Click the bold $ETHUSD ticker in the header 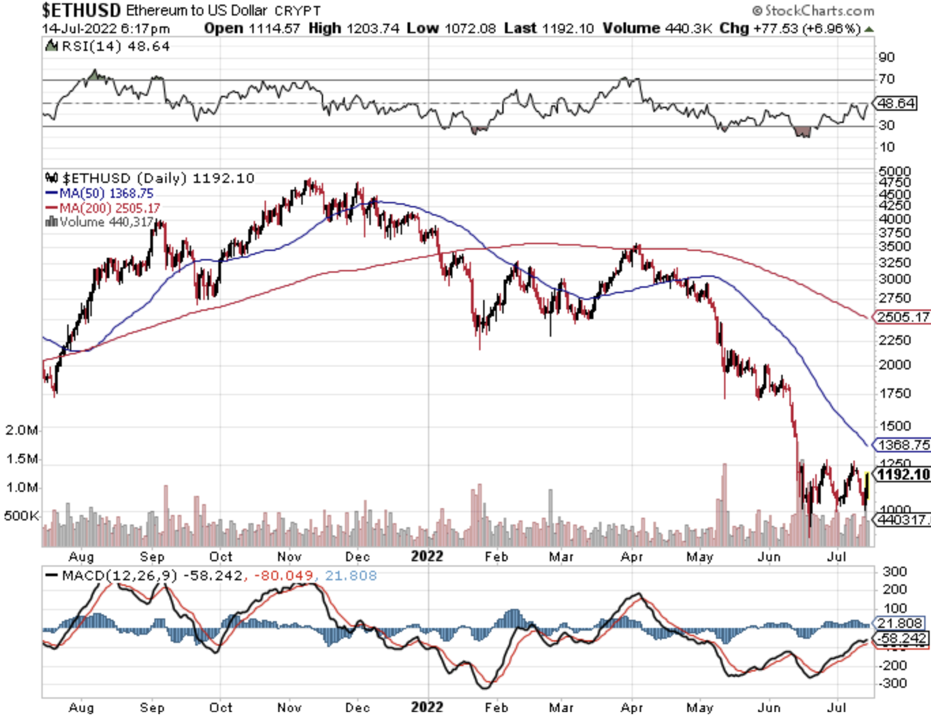pyautogui.click(x=81, y=10)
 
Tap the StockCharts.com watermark pyautogui.click(x=814, y=11)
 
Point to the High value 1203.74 pyautogui.click(x=373, y=29)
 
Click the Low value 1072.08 pyautogui.click(x=470, y=29)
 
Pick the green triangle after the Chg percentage pyautogui.click(x=869, y=29)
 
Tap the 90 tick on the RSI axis pyautogui.click(x=886, y=57)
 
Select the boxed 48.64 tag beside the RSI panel pyautogui.click(x=896, y=103)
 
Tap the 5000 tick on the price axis pyautogui.click(x=895, y=172)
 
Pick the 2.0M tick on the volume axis pyautogui.click(x=21, y=430)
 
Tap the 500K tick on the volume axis pyautogui.click(x=21, y=516)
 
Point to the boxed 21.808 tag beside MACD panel pyautogui.click(x=899, y=623)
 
